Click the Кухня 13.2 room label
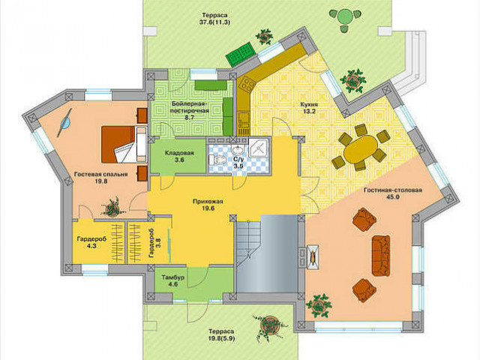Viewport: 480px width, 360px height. (309, 107)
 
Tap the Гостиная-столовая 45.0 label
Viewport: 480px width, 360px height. (393, 193)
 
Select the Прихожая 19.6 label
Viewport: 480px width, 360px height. (208, 205)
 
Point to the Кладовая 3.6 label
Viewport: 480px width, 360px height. (179, 156)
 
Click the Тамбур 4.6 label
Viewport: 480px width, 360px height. (173, 281)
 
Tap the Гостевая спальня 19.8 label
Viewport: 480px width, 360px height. (101, 178)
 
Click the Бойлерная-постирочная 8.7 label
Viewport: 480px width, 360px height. (190, 109)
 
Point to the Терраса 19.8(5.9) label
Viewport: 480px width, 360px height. (221, 335)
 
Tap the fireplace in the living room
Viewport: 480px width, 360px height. (312, 256)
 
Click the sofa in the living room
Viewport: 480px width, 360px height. (381, 256)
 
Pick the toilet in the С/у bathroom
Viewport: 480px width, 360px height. (217, 160)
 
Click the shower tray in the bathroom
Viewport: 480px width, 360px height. (259, 148)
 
